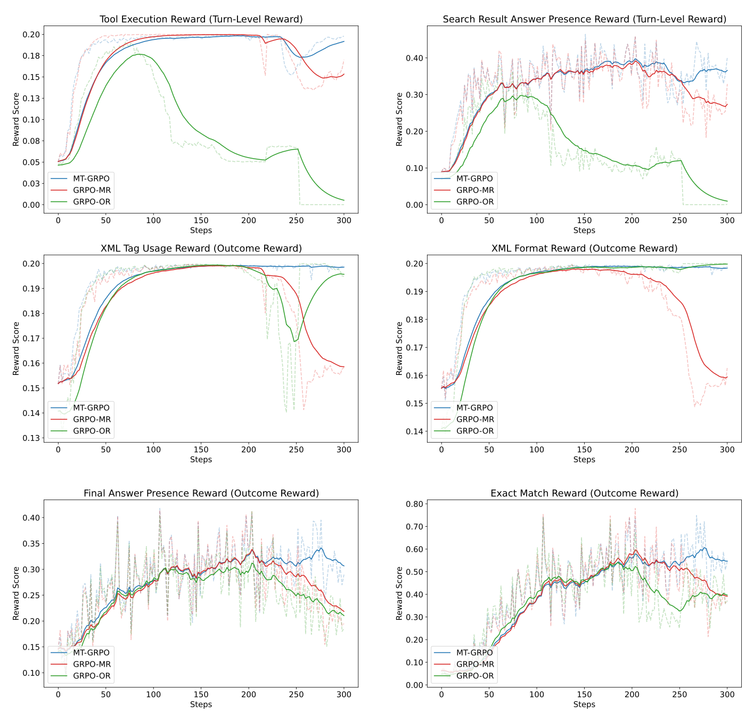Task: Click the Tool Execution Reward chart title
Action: click(201, 19)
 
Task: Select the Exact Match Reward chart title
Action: click(584, 493)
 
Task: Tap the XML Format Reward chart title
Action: click(584, 248)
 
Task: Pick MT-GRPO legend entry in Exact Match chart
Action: click(474, 652)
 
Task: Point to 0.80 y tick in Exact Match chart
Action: click(415, 504)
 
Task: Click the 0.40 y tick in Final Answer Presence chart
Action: click(31, 518)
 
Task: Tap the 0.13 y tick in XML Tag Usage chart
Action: click(31, 438)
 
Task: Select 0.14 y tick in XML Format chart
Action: click(415, 431)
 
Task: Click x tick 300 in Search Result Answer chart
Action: click(727, 220)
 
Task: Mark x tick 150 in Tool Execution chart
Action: click(201, 220)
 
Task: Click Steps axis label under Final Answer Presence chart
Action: click(201, 704)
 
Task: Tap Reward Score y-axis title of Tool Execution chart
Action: click(16, 119)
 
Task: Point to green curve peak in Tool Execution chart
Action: click(139, 54)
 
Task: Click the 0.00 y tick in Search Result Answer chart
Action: click(415, 205)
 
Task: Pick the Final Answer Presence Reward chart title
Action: click(201, 493)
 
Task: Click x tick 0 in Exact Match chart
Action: click(441, 694)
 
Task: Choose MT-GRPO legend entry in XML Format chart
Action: click(474, 408)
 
